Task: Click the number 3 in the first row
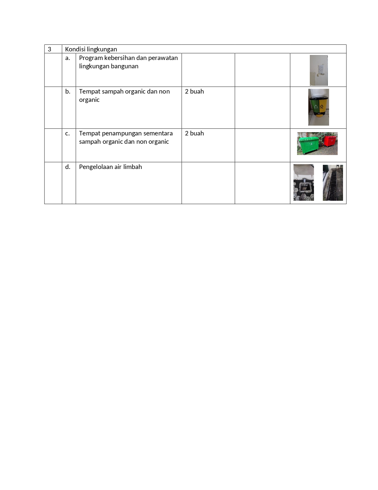point(50,49)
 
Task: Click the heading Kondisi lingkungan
point(91,49)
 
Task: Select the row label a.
point(68,58)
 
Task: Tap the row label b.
point(68,91)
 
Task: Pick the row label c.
point(68,133)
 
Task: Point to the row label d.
point(68,167)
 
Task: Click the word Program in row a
point(91,58)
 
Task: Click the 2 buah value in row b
point(194,91)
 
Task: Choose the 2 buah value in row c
point(194,133)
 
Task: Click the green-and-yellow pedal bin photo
point(318,107)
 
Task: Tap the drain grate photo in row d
point(333,183)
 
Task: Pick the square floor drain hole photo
point(304,183)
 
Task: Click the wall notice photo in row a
point(319,70)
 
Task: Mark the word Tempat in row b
point(90,91)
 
